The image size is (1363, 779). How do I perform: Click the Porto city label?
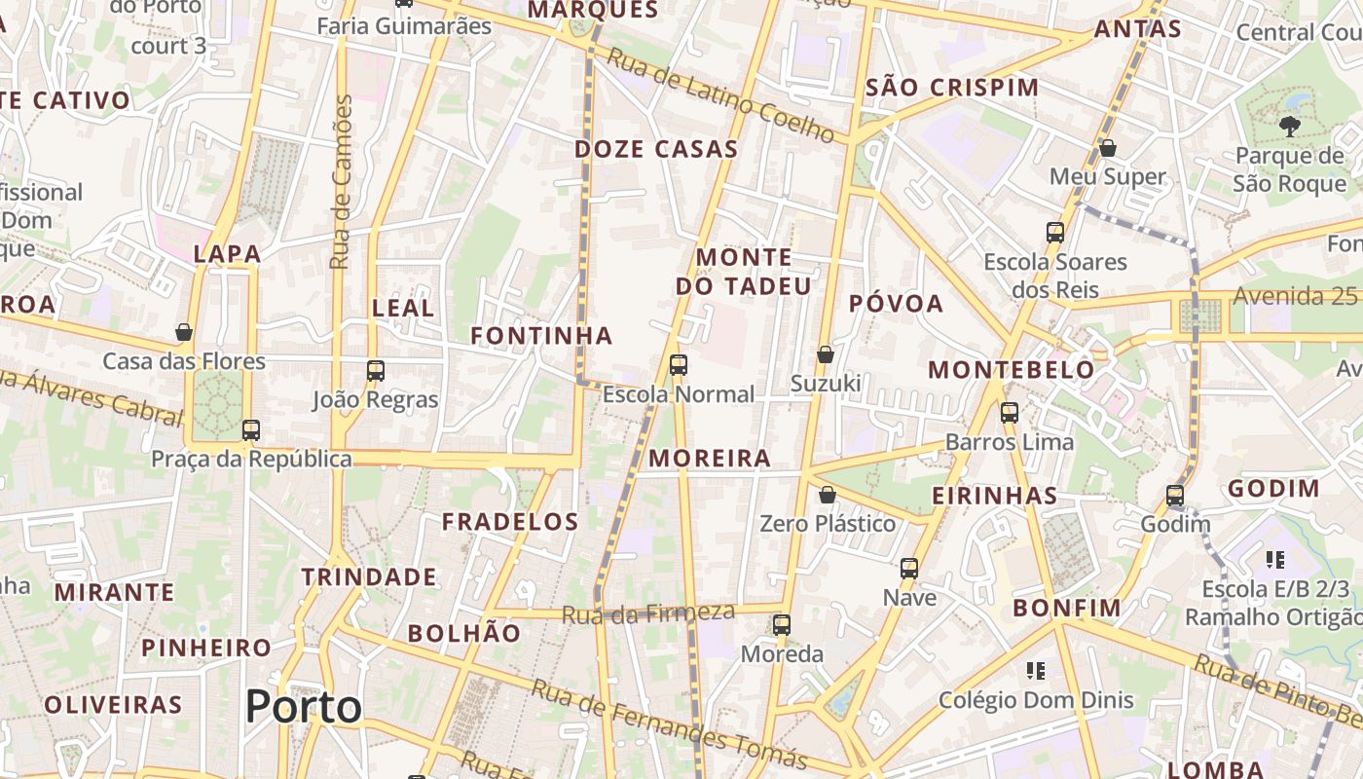pyautogui.click(x=303, y=706)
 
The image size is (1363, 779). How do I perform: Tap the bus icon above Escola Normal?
pyautogui.click(x=679, y=365)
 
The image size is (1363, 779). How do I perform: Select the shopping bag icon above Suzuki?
pyautogui.click(x=826, y=354)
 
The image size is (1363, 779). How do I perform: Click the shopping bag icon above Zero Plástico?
pyautogui.click(x=827, y=495)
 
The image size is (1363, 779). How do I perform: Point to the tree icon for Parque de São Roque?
pyautogui.click(x=1289, y=126)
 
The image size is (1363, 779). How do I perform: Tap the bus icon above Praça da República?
pyautogui.click(x=251, y=429)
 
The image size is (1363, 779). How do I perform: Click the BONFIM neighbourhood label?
pyautogui.click(x=1067, y=609)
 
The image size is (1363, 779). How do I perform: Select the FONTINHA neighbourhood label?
pyautogui.click(x=541, y=336)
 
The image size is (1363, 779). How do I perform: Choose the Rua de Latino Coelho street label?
pyautogui.click(x=721, y=95)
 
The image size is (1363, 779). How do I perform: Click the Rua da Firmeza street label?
pyautogui.click(x=647, y=613)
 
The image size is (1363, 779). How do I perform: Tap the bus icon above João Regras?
pyautogui.click(x=376, y=370)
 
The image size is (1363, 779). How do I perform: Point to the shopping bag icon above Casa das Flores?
pyautogui.click(x=184, y=332)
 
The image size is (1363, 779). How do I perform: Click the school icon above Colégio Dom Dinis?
pyautogui.click(x=1036, y=670)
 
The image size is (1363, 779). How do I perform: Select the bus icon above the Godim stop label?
pyautogui.click(x=1175, y=495)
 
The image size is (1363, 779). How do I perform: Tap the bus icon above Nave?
pyautogui.click(x=909, y=568)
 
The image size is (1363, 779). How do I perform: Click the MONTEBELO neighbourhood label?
pyautogui.click(x=1012, y=370)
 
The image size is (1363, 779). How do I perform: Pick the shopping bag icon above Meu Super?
pyautogui.click(x=1107, y=148)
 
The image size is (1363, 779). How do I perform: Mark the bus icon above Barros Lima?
pyautogui.click(x=1010, y=412)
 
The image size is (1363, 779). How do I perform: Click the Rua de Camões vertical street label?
pyautogui.click(x=341, y=182)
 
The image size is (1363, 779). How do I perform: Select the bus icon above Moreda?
pyautogui.click(x=782, y=624)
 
